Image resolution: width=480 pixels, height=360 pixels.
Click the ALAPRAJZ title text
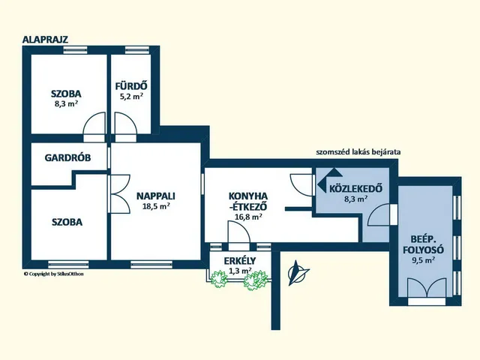click(45, 40)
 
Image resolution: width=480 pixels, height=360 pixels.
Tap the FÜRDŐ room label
click(131, 86)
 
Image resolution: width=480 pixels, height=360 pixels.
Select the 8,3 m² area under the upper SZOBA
click(66, 103)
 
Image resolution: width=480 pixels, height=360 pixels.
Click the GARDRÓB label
click(67, 157)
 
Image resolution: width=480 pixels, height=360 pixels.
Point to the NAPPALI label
click(156, 196)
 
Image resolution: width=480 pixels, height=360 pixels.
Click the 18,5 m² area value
click(156, 206)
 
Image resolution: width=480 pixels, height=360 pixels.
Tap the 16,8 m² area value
click(248, 217)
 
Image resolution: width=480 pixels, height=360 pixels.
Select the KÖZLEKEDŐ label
click(355, 188)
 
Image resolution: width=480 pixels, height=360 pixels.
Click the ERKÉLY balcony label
click(240, 261)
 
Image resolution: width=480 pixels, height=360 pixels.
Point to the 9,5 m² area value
click(423, 260)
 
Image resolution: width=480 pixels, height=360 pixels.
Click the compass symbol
click(297, 272)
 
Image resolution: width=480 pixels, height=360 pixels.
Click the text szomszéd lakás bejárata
click(358, 151)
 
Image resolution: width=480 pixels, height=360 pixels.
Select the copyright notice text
click(53, 274)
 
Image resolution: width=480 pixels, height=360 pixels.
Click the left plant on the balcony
click(219, 279)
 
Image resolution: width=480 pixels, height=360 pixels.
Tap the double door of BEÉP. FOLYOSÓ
click(427, 288)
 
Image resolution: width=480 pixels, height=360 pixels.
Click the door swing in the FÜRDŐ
click(125, 123)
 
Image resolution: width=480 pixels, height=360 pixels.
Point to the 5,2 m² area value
click(131, 97)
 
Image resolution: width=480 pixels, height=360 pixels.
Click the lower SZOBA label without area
click(67, 222)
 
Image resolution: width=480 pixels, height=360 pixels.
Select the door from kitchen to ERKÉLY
click(238, 232)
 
